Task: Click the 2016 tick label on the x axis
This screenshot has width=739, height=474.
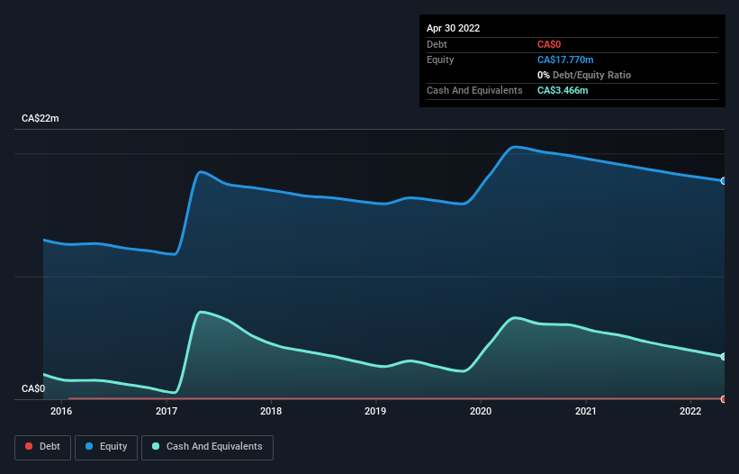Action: coord(61,412)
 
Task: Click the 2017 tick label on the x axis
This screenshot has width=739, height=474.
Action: coord(167,412)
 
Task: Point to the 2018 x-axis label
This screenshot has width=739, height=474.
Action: coord(271,412)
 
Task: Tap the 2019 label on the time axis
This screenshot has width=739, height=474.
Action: coord(376,412)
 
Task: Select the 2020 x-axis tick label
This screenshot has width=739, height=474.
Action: coord(481,412)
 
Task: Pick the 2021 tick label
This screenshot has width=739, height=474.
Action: coord(586,412)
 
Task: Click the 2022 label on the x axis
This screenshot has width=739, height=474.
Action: coord(690,412)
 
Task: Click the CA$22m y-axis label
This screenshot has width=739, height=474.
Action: coord(40,119)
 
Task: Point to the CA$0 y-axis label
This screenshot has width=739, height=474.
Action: coord(33,388)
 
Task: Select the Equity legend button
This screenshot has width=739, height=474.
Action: coord(106,447)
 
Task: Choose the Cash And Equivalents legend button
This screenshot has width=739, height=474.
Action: coord(207,447)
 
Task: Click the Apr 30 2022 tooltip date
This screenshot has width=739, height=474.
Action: coord(453,28)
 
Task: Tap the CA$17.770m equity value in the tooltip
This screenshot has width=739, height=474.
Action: coord(565,59)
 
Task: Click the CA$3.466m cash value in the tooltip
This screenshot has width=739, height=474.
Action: coord(563,90)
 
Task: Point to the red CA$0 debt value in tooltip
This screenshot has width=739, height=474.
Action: coord(549,44)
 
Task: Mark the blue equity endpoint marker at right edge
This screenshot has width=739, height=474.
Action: coord(724,181)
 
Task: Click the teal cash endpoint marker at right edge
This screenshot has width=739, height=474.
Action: coord(724,357)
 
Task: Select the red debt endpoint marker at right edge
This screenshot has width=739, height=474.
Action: coord(724,398)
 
